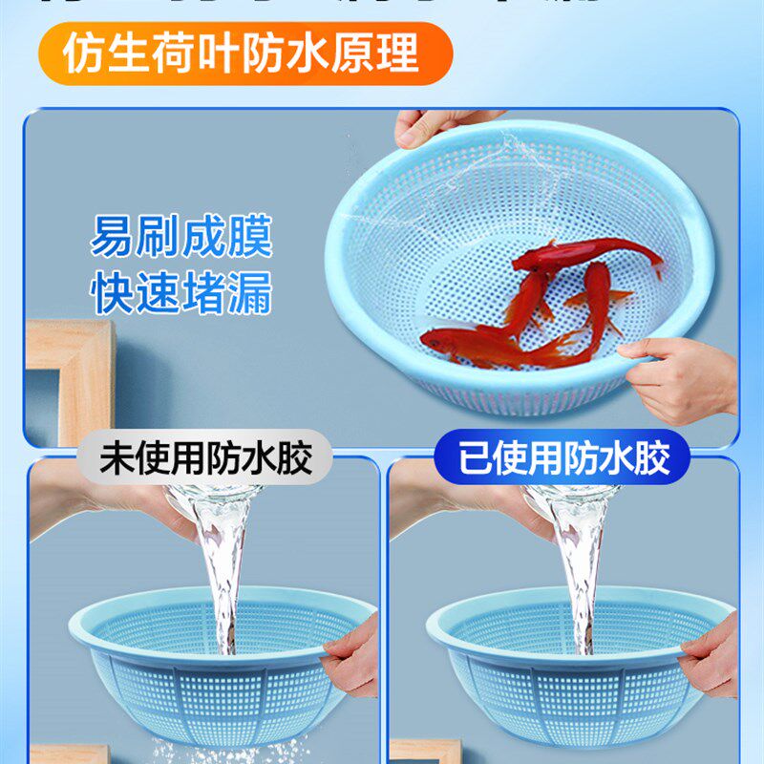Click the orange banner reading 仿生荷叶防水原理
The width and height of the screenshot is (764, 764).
[244, 53]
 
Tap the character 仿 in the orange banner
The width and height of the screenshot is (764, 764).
[83, 54]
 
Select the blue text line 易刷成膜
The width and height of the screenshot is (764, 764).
[181, 237]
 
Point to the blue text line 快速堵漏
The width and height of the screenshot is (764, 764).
[181, 293]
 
